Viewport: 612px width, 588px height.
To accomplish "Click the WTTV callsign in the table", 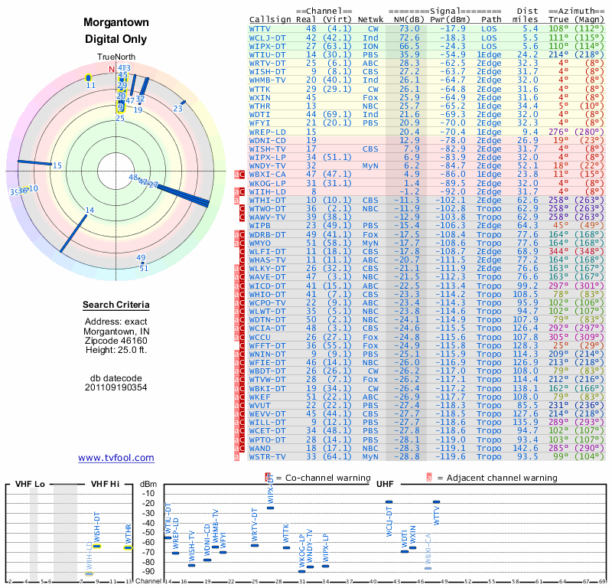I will click(x=262, y=28).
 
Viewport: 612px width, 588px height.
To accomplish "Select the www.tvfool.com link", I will click(x=116, y=458).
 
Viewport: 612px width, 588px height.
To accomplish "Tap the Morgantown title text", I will click(x=116, y=22).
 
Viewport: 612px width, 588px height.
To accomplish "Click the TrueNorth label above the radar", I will click(x=116, y=57).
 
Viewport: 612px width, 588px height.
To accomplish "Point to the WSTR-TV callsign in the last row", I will click(x=268, y=456).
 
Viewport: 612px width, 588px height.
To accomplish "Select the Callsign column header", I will click(x=269, y=19).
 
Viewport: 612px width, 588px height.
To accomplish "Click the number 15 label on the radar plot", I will click(x=57, y=165).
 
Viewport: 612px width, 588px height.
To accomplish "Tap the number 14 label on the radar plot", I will click(x=90, y=211).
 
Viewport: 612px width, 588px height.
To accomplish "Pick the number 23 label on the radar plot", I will click(x=177, y=109).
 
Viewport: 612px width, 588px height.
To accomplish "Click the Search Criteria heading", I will click(x=116, y=305).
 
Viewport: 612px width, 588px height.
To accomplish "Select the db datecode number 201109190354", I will click(x=116, y=387).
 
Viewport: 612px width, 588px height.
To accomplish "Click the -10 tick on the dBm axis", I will click(x=148, y=493).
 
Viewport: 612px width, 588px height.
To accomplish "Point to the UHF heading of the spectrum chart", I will click(x=385, y=485).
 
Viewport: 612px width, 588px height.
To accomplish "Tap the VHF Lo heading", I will click(x=31, y=485).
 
